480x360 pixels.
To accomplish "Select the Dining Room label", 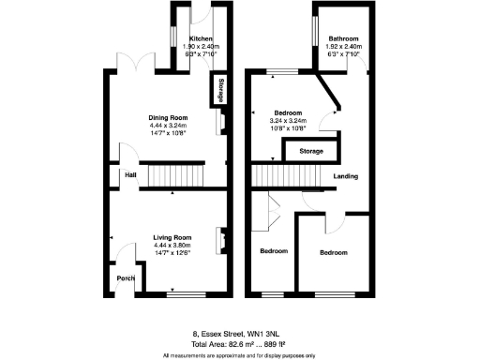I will point(171,118).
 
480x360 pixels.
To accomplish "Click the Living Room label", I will point(172,238).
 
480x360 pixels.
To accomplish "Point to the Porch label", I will point(125,278).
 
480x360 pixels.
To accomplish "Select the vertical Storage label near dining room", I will point(221,91).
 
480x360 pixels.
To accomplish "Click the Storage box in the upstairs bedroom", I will point(312,151).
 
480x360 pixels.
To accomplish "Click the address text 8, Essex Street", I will point(239,332).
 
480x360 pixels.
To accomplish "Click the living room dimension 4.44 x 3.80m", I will point(172,246).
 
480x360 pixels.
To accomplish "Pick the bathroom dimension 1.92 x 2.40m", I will point(342,47).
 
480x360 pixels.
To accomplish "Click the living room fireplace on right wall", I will point(221,240).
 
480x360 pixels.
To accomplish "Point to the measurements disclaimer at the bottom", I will point(239,354).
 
